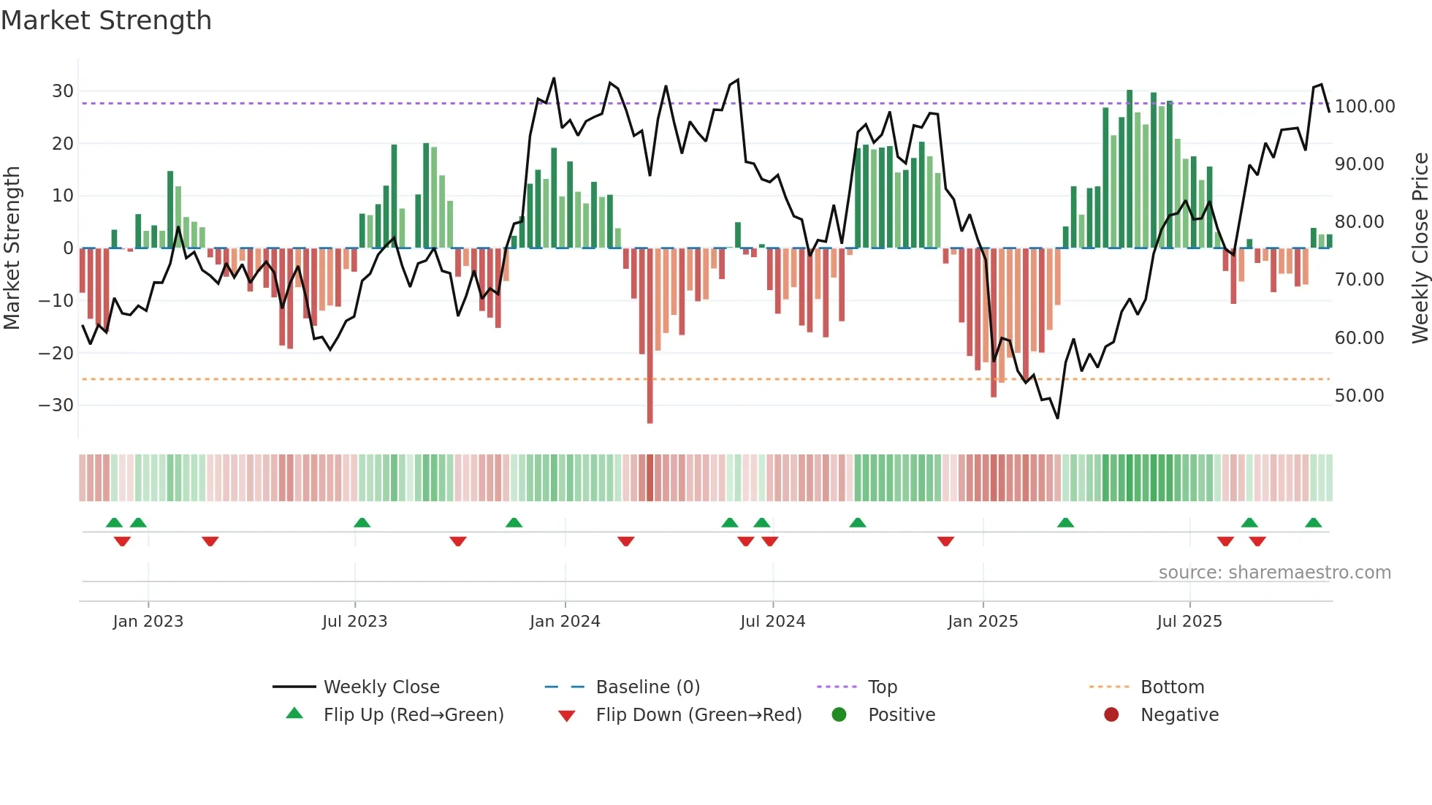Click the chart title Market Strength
(106, 20)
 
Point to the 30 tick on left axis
(63, 91)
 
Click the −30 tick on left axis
(57, 405)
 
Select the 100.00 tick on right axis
(1364, 107)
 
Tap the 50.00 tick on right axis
(1359, 396)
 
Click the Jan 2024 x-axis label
(565, 622)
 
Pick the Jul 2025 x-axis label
(1189, 622)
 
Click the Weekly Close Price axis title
(1420, 248)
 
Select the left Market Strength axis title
(12, 248)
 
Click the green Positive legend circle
(839, 715)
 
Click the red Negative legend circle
(1111, 715)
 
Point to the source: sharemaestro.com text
(1274, 573)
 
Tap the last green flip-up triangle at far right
(1313, 523)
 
